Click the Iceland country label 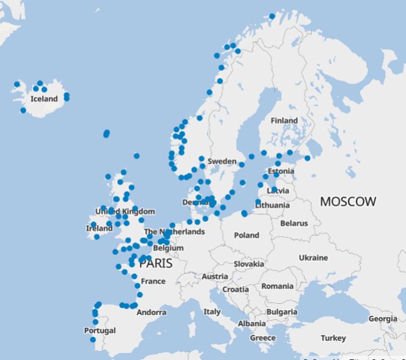pos(44,99)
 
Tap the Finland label pos(284,120)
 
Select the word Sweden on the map pos(222,161)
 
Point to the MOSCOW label pos(348,202)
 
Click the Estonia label pos(280,172)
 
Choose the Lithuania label pos(272,205)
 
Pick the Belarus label pos(294,223)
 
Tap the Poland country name pos(247,235)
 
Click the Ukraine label pos(313,258)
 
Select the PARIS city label pos(156,264)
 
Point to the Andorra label pos(151,312)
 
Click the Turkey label pos(333,338)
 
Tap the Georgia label pos(383,319)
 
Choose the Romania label pos(277,286)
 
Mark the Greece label pos(262,338)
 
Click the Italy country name pos(212,311)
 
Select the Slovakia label pos(249,264)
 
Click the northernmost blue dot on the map pos(272,17)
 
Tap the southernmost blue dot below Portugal pos(92,339)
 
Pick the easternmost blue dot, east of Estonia pos(307,158)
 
